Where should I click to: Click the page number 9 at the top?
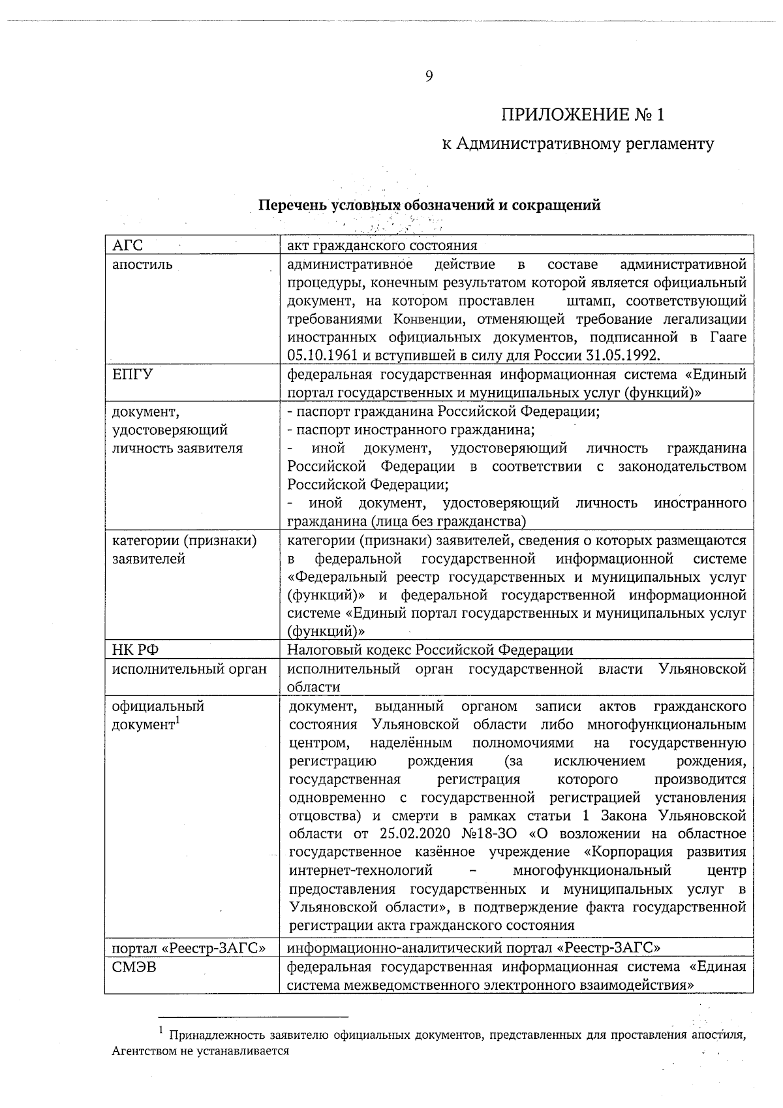tap(429, 77)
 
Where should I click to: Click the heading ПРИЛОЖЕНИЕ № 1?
tap(583, 116)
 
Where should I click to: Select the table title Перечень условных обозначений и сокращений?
tap(429, 205)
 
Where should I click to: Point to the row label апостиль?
tap(143, 264)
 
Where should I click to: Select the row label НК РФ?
tap(136, 650)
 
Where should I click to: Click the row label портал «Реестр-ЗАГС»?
tap(189, 948)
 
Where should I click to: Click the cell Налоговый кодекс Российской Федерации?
tap(430, 650)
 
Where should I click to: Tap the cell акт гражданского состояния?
tap(382, 245)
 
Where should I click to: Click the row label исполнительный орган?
tap(189, 669)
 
